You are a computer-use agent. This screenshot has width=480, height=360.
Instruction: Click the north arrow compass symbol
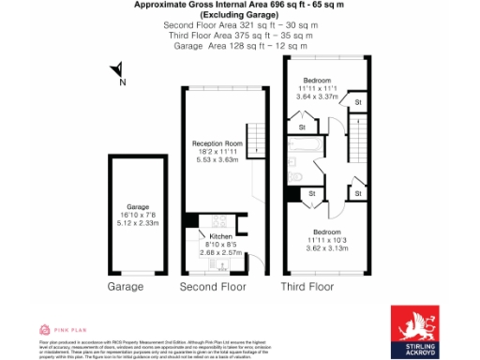pos(115,70)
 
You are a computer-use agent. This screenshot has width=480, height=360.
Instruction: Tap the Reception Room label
pos(217,142)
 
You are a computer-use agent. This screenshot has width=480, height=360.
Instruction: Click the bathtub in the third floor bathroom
pos(307,148)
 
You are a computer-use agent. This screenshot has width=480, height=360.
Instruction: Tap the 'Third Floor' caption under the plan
pos(307,286)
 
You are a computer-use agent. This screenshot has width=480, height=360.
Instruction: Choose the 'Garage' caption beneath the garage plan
pos(126,286)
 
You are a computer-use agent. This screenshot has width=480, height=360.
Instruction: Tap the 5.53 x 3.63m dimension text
pos(217,158)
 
